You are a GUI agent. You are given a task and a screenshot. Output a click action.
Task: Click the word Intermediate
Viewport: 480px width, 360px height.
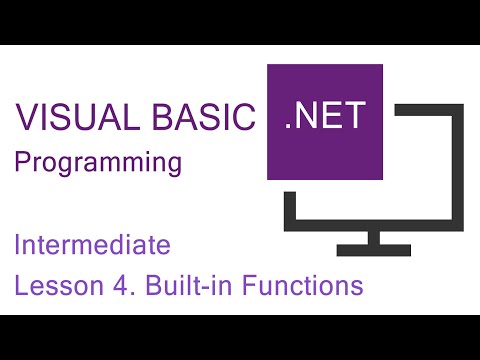pyautogui.click(x=93, y=243)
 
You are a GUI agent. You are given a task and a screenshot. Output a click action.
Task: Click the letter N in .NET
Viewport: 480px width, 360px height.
pyautogui.click(x=308, y=119)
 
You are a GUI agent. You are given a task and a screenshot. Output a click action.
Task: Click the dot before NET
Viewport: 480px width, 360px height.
pyautogui.click(x=290, y=131)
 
